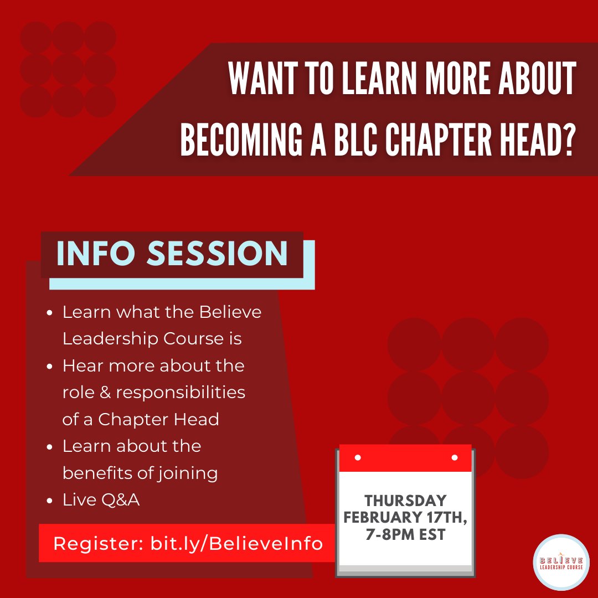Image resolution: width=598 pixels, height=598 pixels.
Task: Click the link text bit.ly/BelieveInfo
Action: [x=236, y=543]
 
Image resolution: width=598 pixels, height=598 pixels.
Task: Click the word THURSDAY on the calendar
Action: [x=405, y=501]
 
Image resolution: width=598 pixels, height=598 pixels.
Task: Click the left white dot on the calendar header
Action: [x=358, y=458]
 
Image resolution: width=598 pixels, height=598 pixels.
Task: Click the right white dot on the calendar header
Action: [x=455, y=458]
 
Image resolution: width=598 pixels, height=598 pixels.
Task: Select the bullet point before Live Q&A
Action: [x=50, y=501]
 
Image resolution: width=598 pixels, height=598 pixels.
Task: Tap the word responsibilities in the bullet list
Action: [x=181, y=393]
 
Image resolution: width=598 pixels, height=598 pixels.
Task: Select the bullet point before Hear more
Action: [x=50, y=367]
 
